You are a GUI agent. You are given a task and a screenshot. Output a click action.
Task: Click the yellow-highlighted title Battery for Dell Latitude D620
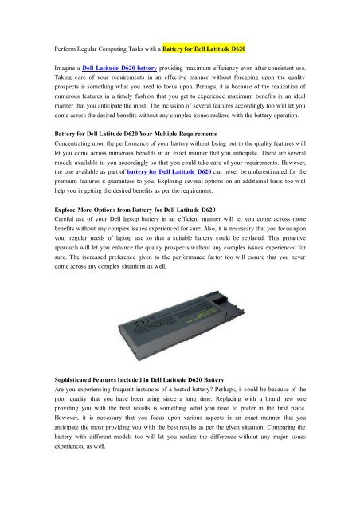click(213, 37)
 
